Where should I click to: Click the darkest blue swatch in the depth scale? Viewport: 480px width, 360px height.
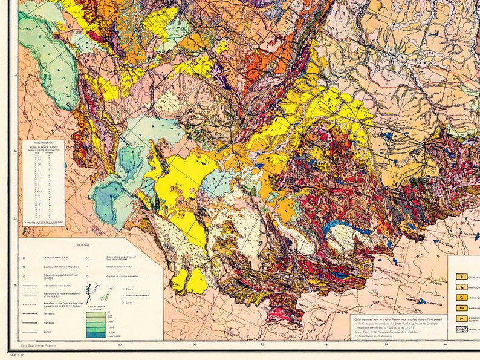click(91, 335)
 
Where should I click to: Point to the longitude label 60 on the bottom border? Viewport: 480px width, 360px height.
click(120, 345)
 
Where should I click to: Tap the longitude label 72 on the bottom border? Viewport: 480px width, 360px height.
click(261, 345)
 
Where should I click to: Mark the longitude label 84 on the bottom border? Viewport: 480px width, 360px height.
click(387, 345)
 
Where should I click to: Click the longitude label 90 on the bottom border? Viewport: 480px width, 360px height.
click(445, 345)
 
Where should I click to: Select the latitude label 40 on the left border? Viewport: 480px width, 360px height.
click(15, 76)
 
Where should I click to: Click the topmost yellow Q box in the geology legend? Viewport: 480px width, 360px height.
click(460, 277)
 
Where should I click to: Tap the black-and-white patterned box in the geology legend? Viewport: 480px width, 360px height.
click(460, 329)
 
